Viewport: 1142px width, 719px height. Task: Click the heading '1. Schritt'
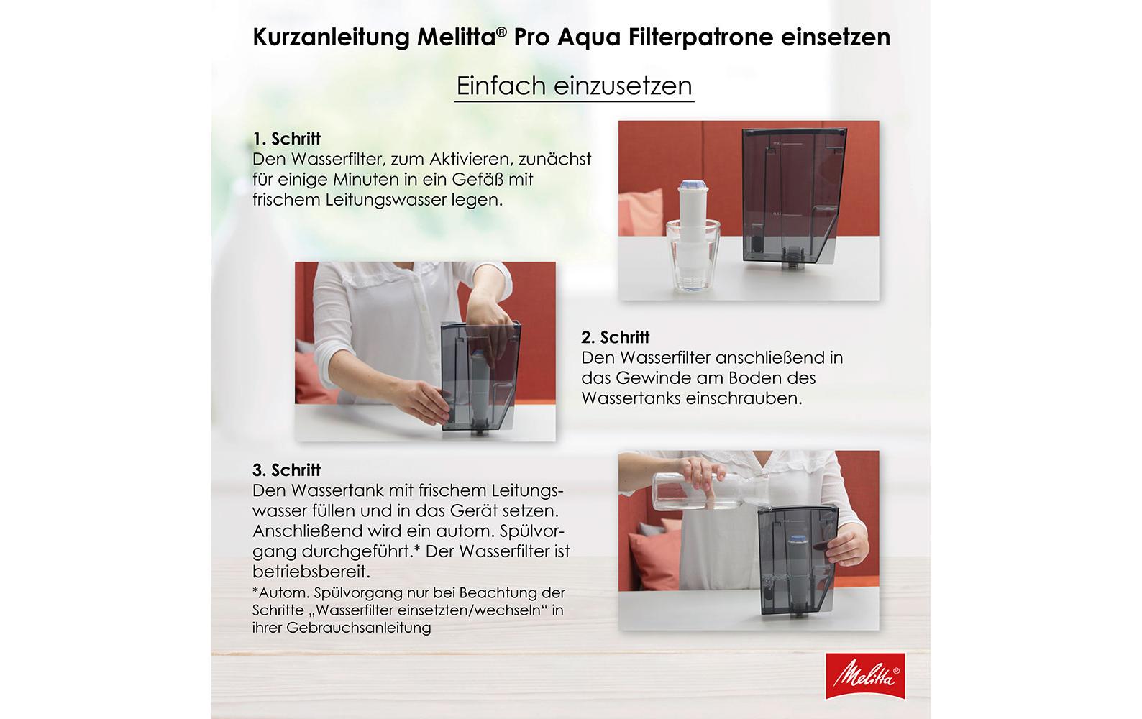[x=286, y=139]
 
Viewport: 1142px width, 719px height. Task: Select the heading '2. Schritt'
[x=615, y=337]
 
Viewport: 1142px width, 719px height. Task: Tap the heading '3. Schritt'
[x=286, y=470]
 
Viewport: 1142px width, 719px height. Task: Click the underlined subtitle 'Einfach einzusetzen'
[x=574, y=86]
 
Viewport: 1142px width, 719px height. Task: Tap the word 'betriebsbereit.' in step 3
[x=311, y=572]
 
